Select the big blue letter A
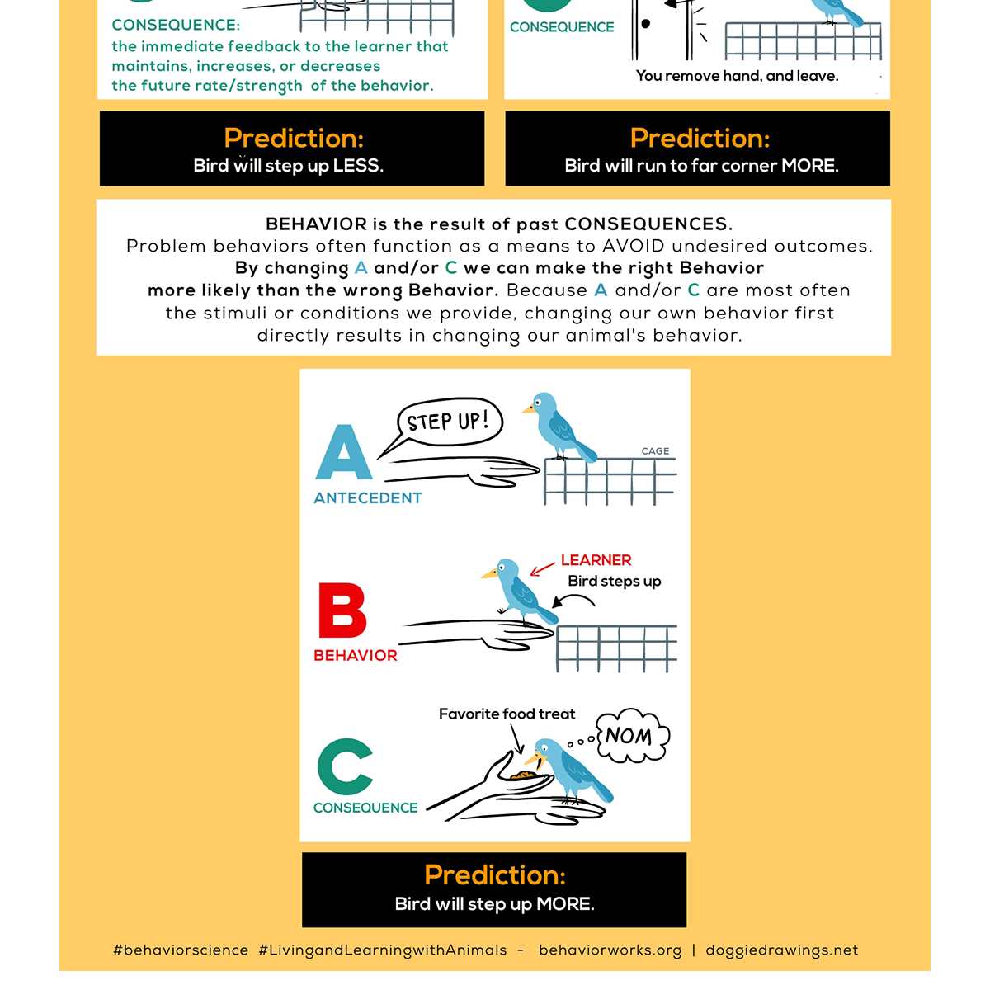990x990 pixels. point(344,453)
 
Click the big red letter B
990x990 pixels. point(342,610)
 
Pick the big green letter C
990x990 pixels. point(345,766)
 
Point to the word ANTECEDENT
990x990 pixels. point(368,498)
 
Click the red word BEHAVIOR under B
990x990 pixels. point(356,656)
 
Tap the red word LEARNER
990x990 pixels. point(596,560)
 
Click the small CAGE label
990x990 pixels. point(655,451)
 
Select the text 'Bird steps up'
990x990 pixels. point(615,582)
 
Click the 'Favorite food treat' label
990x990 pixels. point(507,714)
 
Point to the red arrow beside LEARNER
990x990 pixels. point(542,568)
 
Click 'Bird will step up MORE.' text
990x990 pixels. point(494,904)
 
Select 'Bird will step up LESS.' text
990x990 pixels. point(288,166)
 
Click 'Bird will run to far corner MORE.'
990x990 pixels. point(701,166)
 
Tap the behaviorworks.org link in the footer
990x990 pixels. point(610,950)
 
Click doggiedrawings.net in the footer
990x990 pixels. point(781,950)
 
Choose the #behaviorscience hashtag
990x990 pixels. point(181,950)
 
